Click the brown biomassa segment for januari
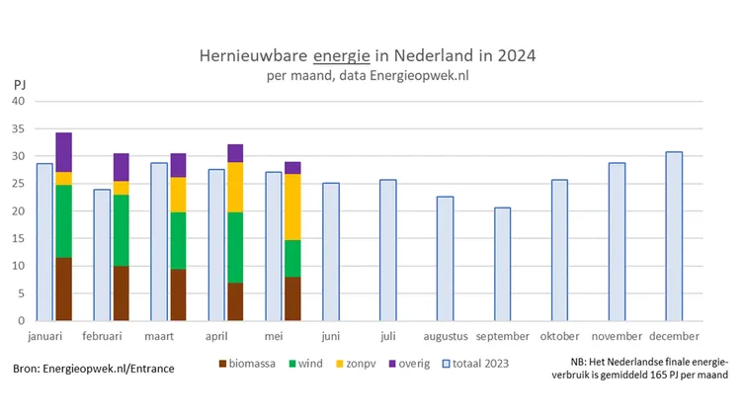pos(64,289)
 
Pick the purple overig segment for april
pos(235,153)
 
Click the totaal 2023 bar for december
pos(674,236)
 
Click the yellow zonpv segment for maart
pos(178,195)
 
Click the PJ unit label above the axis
pos(20,85)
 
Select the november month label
pos(618,337)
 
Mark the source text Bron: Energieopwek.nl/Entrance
pos(94,369)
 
